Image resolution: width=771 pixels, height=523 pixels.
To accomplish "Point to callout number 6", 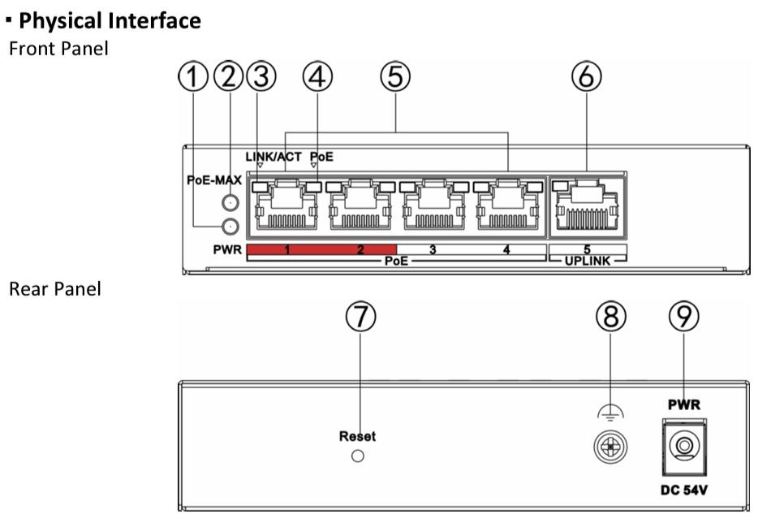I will tap(587, 80).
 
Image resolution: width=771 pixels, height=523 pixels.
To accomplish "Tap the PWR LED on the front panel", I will tap(232, 227).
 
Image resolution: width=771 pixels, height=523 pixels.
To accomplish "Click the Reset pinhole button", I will tap(357, 456).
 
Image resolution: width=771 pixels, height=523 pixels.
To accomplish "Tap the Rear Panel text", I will tap(54, 290).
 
